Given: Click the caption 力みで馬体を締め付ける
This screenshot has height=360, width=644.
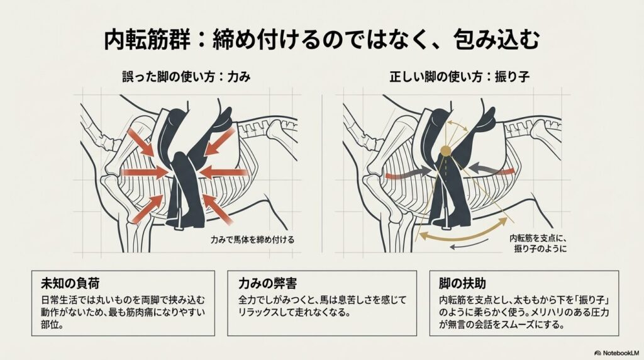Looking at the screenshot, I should [252, 240].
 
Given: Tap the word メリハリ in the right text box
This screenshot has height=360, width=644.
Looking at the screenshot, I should [562, 312].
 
